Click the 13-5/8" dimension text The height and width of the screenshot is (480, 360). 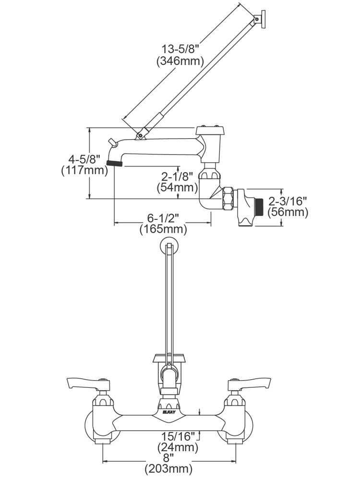coord(180,49)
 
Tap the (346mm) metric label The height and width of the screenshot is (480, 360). coord(180,61)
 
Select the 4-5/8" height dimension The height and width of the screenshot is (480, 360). coord(84,159)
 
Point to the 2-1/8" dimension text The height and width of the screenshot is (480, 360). coord(177,176)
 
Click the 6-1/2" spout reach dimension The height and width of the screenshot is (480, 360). coord(163,218)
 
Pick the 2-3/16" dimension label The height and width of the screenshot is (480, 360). coord(288,201)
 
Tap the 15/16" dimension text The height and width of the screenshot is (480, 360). coord(179,436)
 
